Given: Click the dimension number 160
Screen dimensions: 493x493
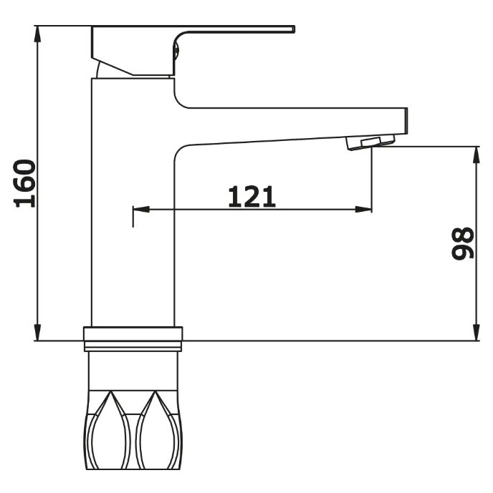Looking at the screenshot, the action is pyautogui.click(x=24, y=184).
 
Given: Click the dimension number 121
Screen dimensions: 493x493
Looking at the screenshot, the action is pyautogui.click(x=252, y=197).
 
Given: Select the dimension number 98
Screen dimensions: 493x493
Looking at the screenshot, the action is pyautogui.click(x=462, y=243).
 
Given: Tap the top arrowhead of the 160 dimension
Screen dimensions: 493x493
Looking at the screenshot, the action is pyautogui.click(x=37, y=34).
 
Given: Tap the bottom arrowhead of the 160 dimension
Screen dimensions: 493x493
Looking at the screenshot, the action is pyautogui.click(x=37, y=333).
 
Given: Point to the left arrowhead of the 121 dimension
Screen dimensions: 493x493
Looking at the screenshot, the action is pyautogui.click(x=141, y=209).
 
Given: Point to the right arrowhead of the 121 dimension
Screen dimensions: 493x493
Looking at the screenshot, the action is pyautogui.click(x=363, y=209).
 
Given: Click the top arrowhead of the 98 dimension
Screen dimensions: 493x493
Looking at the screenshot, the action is pyautogui.click(x=477, y=155).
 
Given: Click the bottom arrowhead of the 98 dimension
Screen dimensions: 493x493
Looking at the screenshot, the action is pyautogui.click(x=477, y=333).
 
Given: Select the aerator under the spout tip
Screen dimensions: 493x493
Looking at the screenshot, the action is pyautogui.click(x=370, y=142).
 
